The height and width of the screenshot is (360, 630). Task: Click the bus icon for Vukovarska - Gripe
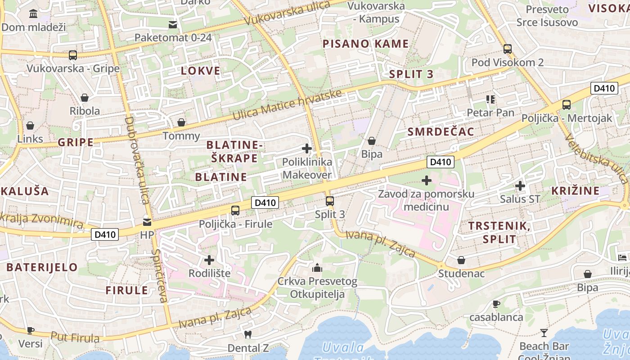click(72, 55)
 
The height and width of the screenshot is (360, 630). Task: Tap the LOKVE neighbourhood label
click(201, 71)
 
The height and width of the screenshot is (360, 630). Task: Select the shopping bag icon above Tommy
click(181, 122)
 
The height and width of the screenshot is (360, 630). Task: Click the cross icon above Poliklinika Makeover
click(307, 148)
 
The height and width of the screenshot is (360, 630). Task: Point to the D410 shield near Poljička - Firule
click(265, 202)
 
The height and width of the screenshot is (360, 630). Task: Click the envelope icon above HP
click(147, 222)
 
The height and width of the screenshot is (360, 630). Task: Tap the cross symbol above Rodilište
click(209, 260)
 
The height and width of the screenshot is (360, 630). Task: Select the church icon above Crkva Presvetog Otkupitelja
click(317, 268)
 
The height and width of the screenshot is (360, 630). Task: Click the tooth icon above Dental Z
click(247, 334)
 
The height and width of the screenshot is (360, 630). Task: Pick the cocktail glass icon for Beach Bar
click(544, 333)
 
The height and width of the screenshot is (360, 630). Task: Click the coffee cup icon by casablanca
click(496, 304)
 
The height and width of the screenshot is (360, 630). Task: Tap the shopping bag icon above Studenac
click(461, 260)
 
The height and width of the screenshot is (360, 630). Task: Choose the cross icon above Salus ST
click(520, 185)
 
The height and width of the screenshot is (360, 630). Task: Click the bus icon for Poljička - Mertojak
click(567, 105)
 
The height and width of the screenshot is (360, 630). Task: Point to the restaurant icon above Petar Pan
click(490, 99)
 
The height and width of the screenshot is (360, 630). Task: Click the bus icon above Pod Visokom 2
click(508, 49)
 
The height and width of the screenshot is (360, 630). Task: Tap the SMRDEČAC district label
click(441, 131)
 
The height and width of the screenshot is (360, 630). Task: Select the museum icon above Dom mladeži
click(33, 13)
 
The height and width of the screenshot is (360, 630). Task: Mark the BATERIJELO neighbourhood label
click(42, 267)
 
